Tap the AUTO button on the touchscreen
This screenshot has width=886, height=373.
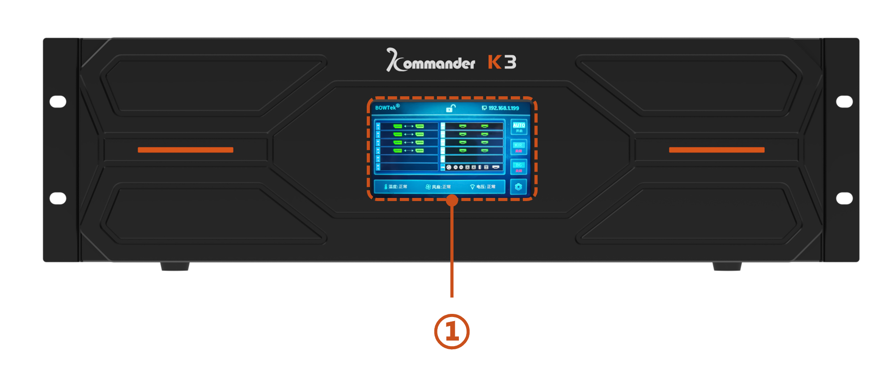click(x=519, y=127)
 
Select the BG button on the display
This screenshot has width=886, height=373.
click(x=519, y=167)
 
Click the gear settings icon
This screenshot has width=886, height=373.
click(x=518, y=187)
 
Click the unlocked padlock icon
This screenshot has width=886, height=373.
click(x=450, y=108)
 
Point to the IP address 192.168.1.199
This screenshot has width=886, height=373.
click(x=501, y=108)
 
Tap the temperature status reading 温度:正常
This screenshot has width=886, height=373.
click(x=396, y=187)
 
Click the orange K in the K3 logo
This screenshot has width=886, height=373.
click(x=494, y=62)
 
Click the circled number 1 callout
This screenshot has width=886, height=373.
click(x=452, y=332)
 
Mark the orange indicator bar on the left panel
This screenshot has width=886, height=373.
click(x=186, y=150)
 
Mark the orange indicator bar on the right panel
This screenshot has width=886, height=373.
click(x=716, y=150)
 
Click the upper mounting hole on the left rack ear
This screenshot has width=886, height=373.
click(x=58, y=102)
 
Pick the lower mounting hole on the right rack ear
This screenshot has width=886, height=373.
click(x=844, y=198)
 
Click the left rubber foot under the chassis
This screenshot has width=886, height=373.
click(x=175, y=267)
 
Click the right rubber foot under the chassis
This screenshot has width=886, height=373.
click(x=727, y=267)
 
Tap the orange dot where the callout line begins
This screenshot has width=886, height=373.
click(x=452, y=200)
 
